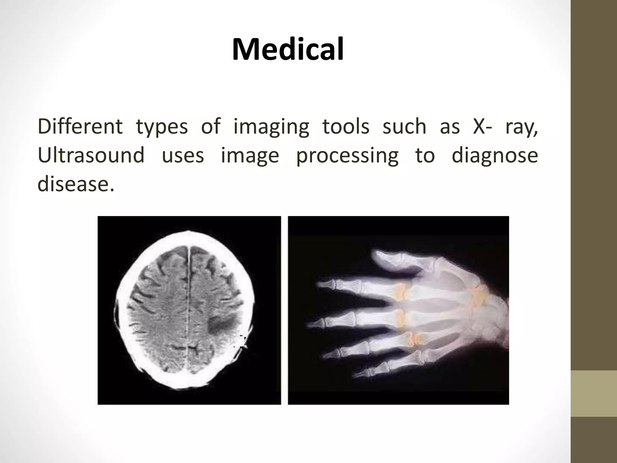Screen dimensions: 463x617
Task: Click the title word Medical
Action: coord(288,49)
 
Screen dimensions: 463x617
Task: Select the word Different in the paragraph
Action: coord(80,127)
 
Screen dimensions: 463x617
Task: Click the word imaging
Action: coord(271,127)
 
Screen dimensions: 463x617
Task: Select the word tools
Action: coord(346,127)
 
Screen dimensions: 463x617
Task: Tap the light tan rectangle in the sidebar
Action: coord(594,394)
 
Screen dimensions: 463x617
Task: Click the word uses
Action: coord(183,156)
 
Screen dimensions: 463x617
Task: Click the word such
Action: coord(404,127)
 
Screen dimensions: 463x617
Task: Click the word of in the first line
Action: coord(211,127)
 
